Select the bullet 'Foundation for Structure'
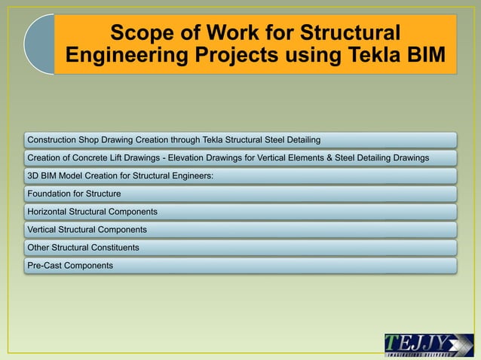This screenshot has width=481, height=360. [x=74, y=194]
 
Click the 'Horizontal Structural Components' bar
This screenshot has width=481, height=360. [x=92, y=212]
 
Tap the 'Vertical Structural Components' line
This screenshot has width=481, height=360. [x=87, y=229]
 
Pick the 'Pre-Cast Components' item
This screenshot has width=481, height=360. [x=70, y=265]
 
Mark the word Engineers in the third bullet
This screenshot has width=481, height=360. [x=191, y=175]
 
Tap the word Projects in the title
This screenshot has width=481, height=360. [x=245, y=56]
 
